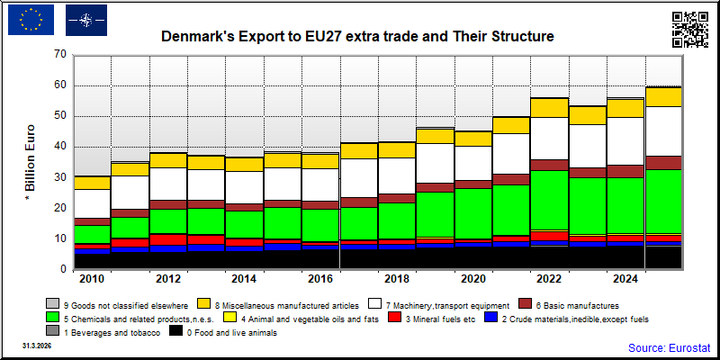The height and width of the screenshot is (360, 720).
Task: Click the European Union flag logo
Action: click(x=31, y=20)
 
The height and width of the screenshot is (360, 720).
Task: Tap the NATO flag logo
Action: click(x=86, y=20)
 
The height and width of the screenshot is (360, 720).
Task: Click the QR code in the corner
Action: click(x=689, y=30)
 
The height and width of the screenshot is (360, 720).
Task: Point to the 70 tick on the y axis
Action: click(x=60, y=55)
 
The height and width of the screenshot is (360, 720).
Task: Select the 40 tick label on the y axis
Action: click(x=60, y=147)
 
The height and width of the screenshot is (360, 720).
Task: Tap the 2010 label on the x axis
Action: click(x=93, y=279)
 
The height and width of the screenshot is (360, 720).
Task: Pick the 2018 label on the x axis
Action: click(x=397, y=279)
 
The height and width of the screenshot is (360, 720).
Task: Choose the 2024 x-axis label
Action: click(x=626, y=279)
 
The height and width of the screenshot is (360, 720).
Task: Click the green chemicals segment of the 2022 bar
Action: click(x=550, y=200)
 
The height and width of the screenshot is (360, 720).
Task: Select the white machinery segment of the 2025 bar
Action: click(x=663, y=131)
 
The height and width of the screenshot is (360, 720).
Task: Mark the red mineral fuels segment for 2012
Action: click(x=168, y=239)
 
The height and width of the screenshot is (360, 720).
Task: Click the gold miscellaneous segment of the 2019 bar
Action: click(x=436, y=137)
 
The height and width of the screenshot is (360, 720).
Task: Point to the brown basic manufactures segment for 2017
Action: click(x=359, y=202)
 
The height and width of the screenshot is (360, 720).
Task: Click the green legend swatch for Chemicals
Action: click(x=51, y=318)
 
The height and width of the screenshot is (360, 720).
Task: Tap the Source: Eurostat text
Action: click(x=669, y=347)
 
